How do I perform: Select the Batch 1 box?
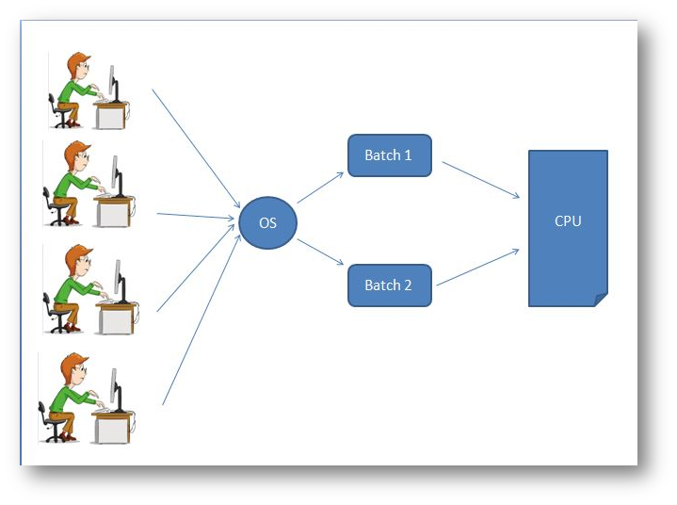tap(389, 155)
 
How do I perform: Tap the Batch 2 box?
tap(389, 285)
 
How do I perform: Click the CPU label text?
tap(568, 222)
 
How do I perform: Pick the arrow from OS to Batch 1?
tap(321, 188)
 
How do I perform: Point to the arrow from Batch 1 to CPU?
tap(480, 179)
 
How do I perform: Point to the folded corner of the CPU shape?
tap(601, 300)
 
